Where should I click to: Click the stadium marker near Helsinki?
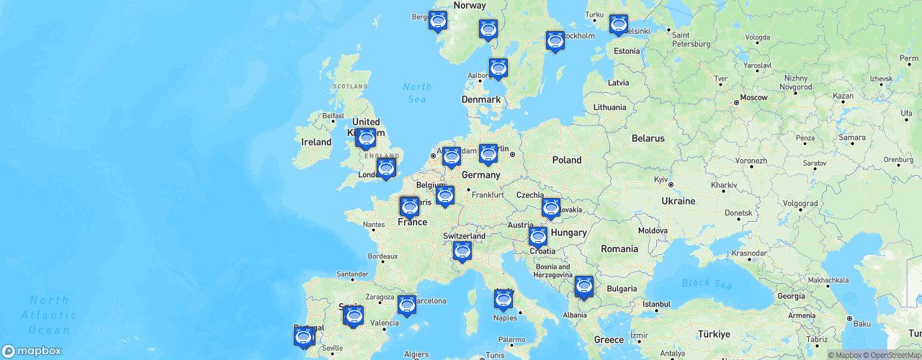tap(618, 24)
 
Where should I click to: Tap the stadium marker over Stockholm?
tap(555, 40)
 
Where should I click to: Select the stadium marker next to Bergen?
tap(437, 21)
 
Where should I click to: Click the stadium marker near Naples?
tap(503, 299)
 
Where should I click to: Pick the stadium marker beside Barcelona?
tap(407, 305)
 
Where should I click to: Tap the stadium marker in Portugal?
tap(304, 336)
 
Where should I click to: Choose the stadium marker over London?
tap(386, 168)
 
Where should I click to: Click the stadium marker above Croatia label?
tap(538, 236)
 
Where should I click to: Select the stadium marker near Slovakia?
tap(551, 207)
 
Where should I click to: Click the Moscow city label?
tap(754, 97)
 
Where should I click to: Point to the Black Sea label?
tap(707, 284)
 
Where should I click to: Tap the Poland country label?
tap(567, 160)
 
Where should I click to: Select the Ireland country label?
tap(316, 142)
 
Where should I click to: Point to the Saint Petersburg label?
tap(690, 39)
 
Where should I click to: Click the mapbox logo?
tap(32, 351)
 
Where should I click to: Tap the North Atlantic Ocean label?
tap(49, 315)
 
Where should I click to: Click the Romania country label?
tap(619, 249)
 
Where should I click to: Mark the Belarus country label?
tap(648, 138)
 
